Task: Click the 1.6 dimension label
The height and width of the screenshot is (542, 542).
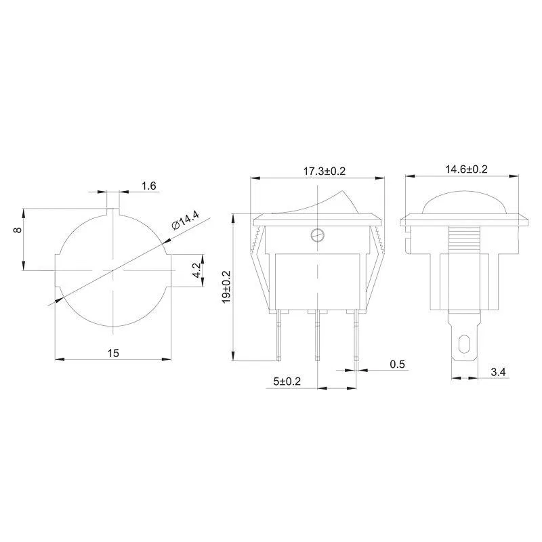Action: (149, 186)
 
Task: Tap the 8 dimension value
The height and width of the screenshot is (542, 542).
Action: (18, 230)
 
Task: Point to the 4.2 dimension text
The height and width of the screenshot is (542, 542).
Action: (196, 270)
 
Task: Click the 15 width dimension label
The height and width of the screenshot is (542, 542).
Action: (113, 353)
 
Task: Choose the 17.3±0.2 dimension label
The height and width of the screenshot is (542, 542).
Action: (325, 171)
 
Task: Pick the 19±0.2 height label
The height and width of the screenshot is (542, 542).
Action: (226, 287)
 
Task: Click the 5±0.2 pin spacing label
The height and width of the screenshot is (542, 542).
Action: (287, 381)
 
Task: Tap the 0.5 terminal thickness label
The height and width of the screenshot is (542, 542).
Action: (397, 364)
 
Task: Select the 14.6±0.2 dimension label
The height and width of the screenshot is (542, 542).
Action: (466, 169)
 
